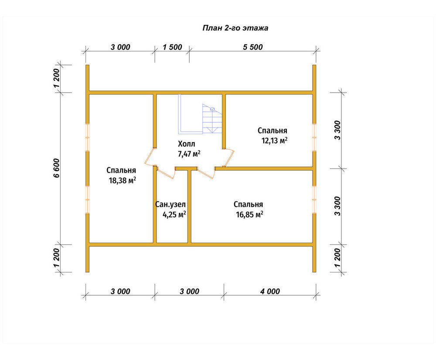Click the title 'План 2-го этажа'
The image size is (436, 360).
tap(235, 28)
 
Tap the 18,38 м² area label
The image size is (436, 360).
tap(123, 180)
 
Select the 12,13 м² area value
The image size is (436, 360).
tap(274, 140)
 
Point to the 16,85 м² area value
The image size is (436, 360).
tap(250, 214)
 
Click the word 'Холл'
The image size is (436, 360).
tap(187, 144)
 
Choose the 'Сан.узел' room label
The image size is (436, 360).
tap(170, 204)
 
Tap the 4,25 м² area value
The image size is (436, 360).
tap(174, 214)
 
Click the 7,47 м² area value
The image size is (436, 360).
tap(189, 154)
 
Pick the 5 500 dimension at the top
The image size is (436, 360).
tap(253, 47)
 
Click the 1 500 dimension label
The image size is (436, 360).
tap(172, 47)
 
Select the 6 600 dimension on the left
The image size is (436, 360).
tap(56, 168)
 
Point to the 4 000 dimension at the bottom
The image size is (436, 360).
tap(270, 291)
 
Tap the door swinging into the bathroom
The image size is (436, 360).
tap(165, 172)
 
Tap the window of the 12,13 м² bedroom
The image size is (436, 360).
tap(314, 137)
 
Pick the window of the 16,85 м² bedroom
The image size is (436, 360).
tap(314, 199)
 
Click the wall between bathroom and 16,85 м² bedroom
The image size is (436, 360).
tap(189, 206)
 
